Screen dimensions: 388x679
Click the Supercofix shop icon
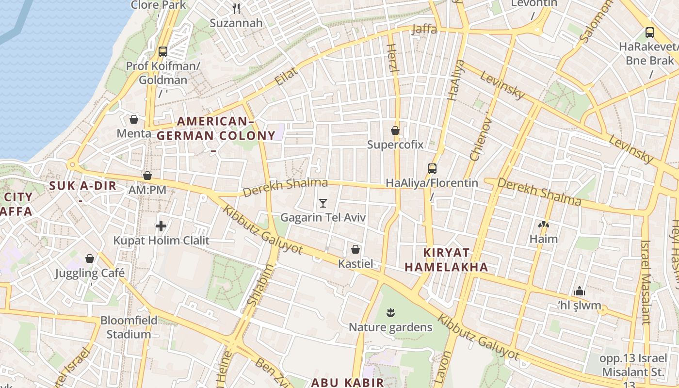(x=395, y=130)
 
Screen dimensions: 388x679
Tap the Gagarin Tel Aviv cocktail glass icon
(x=323, y=203)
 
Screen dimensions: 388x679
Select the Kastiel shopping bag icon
(x=356, y=249)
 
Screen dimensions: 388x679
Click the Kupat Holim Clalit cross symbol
(x=161, y=226)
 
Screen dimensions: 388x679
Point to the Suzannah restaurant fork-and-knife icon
(x=236, y=8)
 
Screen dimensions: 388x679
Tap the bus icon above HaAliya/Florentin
(x=432, y=168)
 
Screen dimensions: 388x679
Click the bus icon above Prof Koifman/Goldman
(x=163, y=51)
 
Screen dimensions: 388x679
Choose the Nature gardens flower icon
(x=390, y=312)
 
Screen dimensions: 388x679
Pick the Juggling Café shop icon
(x=89, y=258)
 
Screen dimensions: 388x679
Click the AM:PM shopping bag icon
(x=147, y=175)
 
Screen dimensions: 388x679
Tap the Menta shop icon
(x=134, y=119)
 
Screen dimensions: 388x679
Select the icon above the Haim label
(x=544, y=225)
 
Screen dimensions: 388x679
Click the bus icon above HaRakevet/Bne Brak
(x=650, y=32)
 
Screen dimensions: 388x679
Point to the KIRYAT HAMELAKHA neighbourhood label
(x=446, y=260)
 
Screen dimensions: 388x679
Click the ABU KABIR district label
(x=347, y=382)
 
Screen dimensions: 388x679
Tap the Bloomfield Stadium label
(x=129, y=327)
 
